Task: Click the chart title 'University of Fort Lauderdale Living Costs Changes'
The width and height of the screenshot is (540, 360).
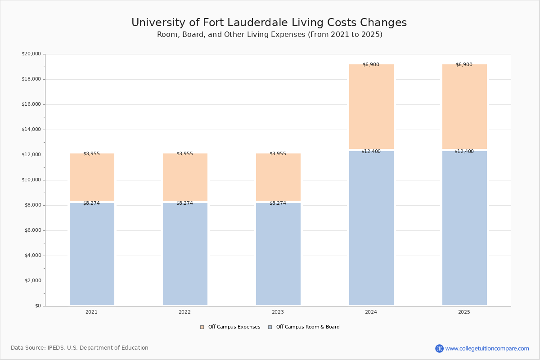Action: [269, 23]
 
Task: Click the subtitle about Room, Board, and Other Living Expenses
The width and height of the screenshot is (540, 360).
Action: [270, 35]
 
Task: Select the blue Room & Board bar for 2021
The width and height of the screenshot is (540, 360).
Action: [92, 254]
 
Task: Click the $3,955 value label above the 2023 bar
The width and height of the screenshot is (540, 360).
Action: [278, 154]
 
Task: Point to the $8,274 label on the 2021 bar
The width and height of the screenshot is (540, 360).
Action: [91, 203]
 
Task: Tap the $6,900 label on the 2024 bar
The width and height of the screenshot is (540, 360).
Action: [371, 65]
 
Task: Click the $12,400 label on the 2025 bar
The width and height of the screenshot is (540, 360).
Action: [464, 152]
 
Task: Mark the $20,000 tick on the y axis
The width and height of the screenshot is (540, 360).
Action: [31, 54]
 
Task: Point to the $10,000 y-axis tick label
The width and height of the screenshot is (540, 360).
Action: [31, 180]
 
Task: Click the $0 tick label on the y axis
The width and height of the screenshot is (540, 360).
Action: [38, 306]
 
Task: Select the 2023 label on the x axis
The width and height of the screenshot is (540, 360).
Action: [278, 312]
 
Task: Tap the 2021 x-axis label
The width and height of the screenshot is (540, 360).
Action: [91, 312]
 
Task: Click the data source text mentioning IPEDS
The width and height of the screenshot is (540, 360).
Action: [80, 348]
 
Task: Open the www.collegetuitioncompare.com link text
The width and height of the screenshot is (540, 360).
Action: [487, 349]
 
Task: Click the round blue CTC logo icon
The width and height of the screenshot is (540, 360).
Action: [439, 349]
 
